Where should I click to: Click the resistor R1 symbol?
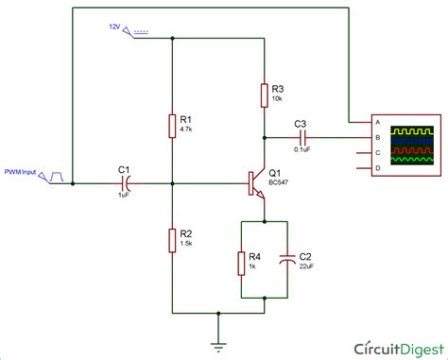point(173,126)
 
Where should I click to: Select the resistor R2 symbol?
point(173,238)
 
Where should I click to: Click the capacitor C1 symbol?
point(124,183)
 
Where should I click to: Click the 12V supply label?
point(115,27)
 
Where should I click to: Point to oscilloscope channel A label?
point(378,122)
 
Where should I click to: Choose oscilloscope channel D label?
point(378,168)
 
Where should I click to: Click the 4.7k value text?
point(187,132)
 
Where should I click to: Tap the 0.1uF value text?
point(301,148)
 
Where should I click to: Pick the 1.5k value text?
point(187,244)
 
